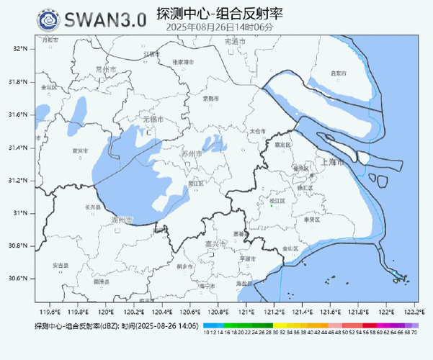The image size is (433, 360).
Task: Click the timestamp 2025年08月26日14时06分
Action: [220, 27]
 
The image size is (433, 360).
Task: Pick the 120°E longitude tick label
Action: [106, 312]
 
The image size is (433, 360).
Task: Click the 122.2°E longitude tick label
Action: [412, 312]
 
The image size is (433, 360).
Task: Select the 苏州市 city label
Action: [192, 154]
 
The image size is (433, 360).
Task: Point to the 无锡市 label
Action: [151, 119]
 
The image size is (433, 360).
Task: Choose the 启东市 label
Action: [338, 73]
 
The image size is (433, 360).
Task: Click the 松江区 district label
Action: [277, 200]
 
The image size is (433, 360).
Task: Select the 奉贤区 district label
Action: [311, 220]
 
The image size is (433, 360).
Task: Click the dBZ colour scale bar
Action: [310, 325]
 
